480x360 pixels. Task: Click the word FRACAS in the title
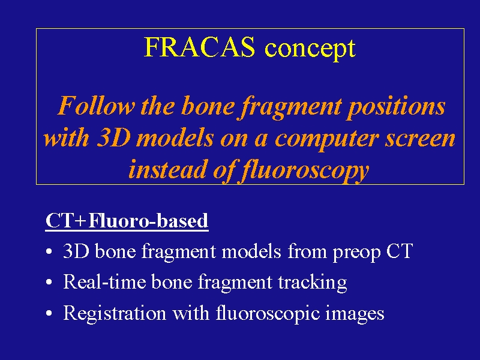pos(199,47)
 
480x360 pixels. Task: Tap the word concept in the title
pos(310,49)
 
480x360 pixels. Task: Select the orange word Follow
pos(97,106)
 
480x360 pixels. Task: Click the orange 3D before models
pos(113,138)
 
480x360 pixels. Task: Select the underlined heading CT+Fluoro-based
pos(127,220)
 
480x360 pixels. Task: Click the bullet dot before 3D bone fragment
pos(49,252)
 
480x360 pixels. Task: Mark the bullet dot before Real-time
pos(49,282)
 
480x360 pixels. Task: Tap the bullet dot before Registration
pos(49,313)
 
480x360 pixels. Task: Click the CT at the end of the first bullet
pos(400,251)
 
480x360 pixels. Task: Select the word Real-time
pos(104,281)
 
